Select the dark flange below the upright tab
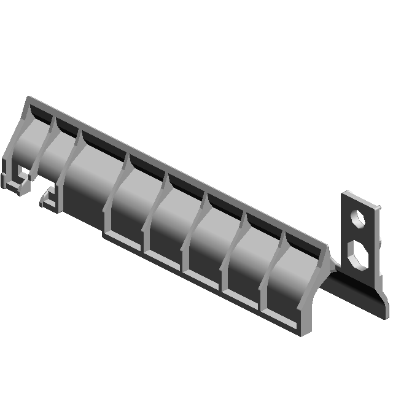click(x=356, y=294)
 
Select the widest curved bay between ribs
click(x=92, y=178)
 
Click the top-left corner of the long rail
click(x=28, y=98)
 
